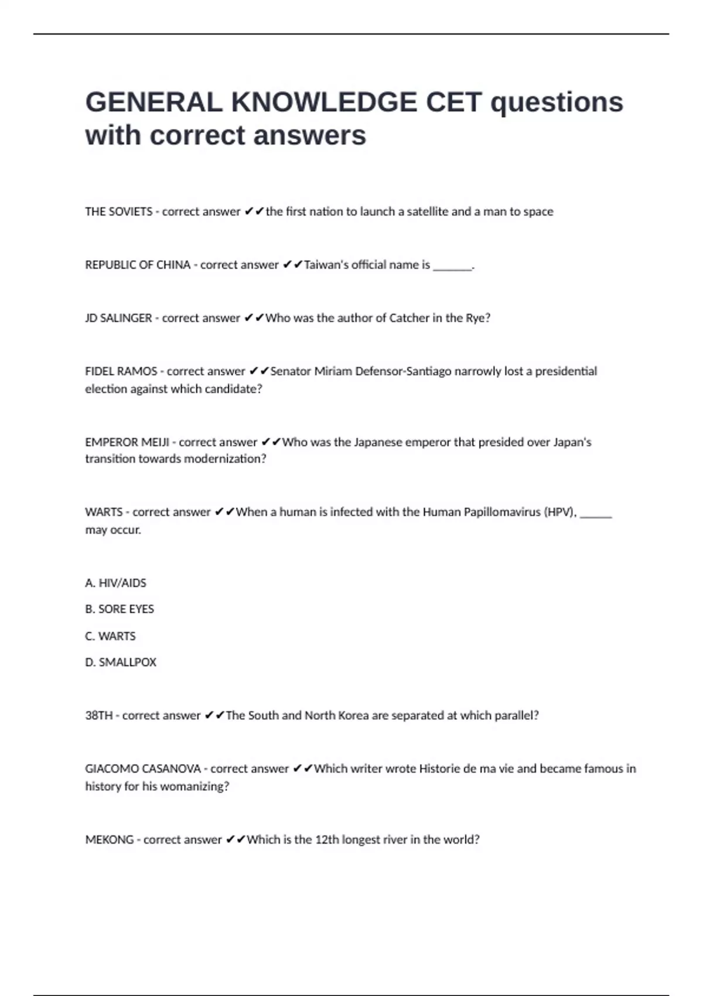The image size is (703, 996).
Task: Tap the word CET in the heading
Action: point(453,103)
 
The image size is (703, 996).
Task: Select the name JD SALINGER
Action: point(118,318)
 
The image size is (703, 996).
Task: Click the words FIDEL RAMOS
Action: point(121,371)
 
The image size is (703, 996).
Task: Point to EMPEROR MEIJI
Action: point(127,442)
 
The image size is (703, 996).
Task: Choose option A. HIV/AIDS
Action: point(116,583)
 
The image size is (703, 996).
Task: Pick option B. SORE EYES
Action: point(120,609)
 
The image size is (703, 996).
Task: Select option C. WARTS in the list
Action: point(110,636)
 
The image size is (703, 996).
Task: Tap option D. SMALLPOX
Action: point(121,663)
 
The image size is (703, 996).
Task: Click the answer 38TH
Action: point(98,715)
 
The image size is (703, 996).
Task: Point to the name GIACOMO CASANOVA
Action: point(143,769)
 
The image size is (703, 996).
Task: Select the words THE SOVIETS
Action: point(118,212)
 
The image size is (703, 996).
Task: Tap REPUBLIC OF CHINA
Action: point(138,265)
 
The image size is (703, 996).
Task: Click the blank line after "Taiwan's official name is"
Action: point(452,267)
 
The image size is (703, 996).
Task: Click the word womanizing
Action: point(188,786)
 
